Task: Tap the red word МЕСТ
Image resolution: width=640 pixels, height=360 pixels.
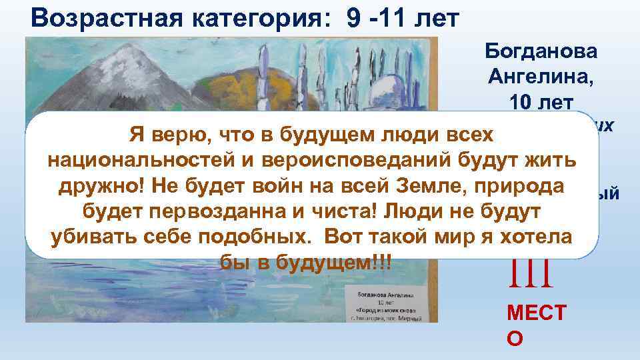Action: (x=535, y=314)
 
